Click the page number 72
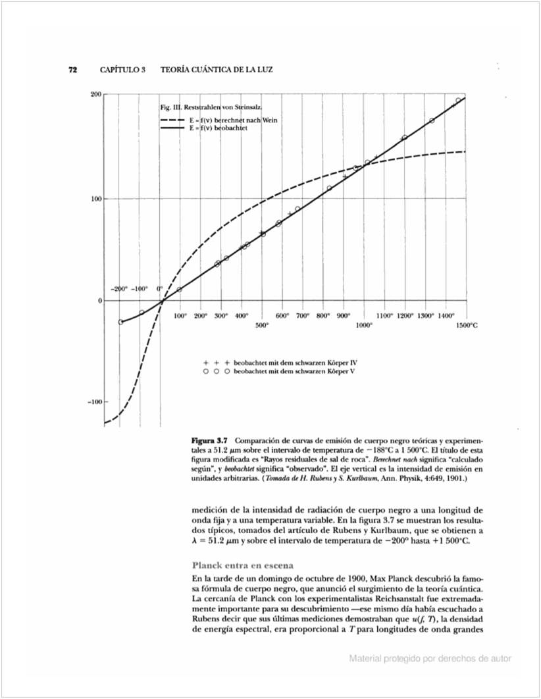click(74, 70)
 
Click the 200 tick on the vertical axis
click(95, 95)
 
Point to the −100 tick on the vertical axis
click(93, 401)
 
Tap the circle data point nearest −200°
click(120, 322)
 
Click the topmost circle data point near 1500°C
click(458, 101)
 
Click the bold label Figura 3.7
click(210, 440)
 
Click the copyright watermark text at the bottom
click(430, 658)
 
